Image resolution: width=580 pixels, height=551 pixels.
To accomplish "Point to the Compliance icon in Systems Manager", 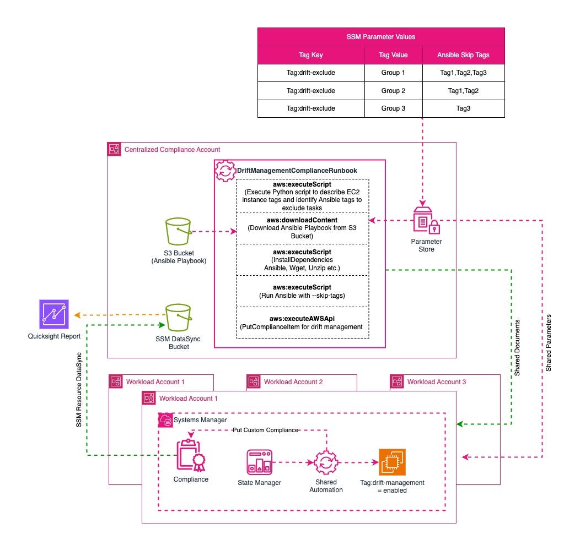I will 191,455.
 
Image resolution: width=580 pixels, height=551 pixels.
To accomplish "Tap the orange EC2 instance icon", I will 392,462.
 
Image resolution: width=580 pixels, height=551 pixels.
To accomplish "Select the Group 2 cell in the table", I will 393,90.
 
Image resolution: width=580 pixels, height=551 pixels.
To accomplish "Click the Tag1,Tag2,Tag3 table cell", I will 463,72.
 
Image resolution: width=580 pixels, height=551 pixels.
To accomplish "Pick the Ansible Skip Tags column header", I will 463,54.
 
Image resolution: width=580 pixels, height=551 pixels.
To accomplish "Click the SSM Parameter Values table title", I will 381,36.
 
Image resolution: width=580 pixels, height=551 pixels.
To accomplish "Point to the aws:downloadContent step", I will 302,227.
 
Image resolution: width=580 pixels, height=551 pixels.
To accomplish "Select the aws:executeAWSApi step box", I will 302,323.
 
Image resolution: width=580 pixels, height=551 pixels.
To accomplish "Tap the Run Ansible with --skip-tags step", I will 302,291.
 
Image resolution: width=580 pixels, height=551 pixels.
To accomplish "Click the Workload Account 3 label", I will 437,381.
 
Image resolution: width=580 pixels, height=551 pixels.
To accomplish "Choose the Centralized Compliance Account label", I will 172,149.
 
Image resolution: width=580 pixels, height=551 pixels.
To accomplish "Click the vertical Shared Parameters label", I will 549,343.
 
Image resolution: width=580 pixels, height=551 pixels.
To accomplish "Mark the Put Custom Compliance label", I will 265,430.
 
